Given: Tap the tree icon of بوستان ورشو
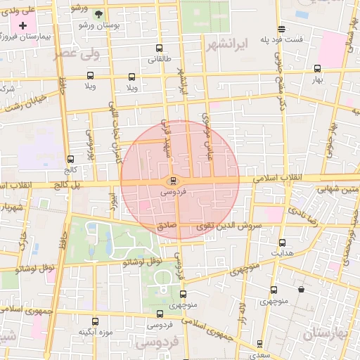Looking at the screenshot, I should click(x=98, y=13).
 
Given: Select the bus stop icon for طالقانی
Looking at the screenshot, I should click(x=158, y=49).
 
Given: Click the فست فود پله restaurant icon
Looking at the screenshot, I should click(x=281, y=29).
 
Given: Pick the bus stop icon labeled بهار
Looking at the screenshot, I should click(x=318, y=68).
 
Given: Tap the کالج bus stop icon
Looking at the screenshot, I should click(x=70, y=159).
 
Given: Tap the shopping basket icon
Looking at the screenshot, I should click(x=302, y=289).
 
